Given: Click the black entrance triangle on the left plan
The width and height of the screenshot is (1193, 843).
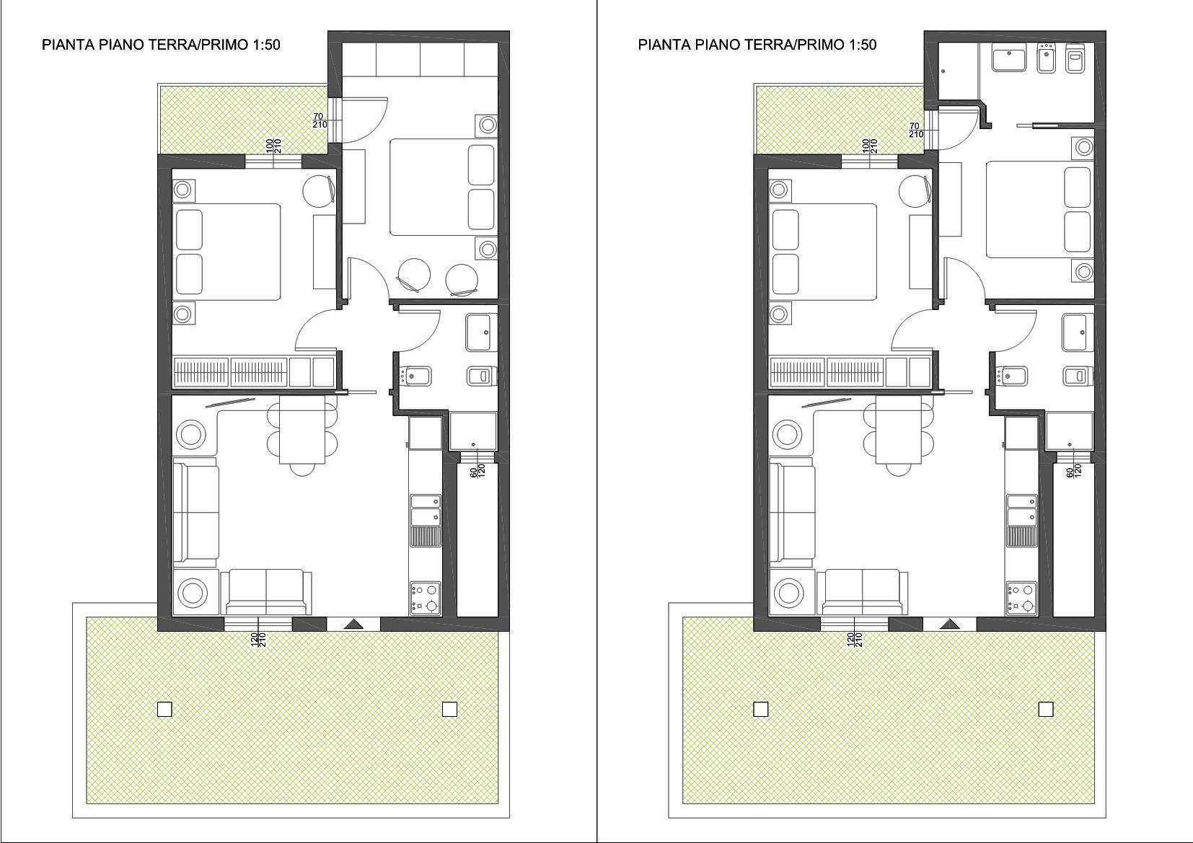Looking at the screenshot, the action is point(353,624).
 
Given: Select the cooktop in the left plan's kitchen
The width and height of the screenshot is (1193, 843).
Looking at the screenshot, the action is point(426,599).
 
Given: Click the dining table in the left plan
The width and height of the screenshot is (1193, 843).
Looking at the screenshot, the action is point(302,431).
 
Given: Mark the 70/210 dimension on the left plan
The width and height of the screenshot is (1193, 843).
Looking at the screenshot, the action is point(320,120).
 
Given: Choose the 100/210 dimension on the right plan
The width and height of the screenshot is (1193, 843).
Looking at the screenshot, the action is point(869,146).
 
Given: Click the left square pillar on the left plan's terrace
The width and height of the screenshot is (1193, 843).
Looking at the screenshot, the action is point(165,710).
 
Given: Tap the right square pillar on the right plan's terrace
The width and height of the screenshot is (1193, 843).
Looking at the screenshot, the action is point(1046,710).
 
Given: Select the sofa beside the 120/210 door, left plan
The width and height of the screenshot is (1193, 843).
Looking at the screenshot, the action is point(265,591).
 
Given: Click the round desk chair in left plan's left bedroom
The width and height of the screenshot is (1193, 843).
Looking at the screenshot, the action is point(320,190).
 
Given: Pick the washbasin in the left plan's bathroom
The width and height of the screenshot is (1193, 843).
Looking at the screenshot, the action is point(482,332).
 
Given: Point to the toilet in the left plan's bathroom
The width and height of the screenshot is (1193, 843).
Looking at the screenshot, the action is point(482,376).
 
